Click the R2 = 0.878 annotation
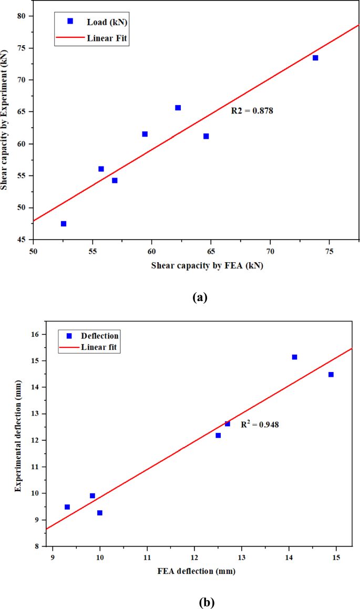[252, 111]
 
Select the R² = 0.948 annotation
[260, 424]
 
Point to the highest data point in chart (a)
[315, 58]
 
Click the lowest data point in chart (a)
[64, 224]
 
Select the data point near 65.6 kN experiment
[178, 108]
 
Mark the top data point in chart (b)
[295, 357]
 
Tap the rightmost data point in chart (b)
[331, 375]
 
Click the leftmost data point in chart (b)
[67, 507]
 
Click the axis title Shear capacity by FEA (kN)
[208, 265]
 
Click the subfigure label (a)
[200, 297]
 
